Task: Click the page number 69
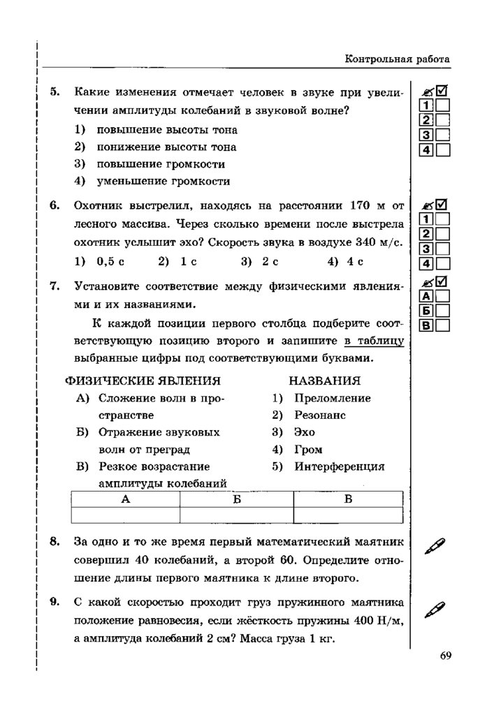446,655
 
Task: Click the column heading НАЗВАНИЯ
325,381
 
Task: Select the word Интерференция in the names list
339,466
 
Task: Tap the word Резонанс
320,415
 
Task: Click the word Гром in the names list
308,450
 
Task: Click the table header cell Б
236,499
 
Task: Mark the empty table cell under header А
125,515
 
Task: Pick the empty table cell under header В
348,515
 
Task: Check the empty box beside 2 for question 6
443,234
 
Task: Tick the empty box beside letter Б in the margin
443,311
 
